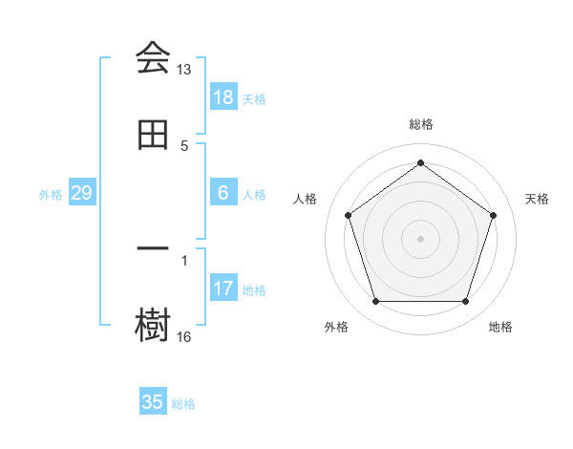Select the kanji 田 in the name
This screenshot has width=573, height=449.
coord(153,136)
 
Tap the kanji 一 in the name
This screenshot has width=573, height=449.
coord(153,248)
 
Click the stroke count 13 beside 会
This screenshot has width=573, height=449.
coord(184,70)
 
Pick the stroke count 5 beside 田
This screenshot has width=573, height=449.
coord(184,146)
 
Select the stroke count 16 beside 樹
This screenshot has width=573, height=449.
coord(184,336)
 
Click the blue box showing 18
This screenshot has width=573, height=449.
coord(223,97)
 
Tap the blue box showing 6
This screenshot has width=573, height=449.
coord(223,193)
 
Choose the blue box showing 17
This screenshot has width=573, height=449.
coord(223,289)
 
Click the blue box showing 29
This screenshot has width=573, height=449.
coord(82,193)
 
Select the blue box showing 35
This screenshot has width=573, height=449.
coord(153,402)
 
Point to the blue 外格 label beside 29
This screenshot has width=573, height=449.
coord(51,195)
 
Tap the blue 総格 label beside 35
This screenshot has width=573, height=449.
coord(183,404)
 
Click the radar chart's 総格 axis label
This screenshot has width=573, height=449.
coord(421,124)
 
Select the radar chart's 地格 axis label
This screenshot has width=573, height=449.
coord(500,328)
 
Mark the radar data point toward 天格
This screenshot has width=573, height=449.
coord(494,215)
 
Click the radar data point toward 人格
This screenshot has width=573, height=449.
coord(348,215)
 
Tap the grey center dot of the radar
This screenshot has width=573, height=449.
coord(421,238)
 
